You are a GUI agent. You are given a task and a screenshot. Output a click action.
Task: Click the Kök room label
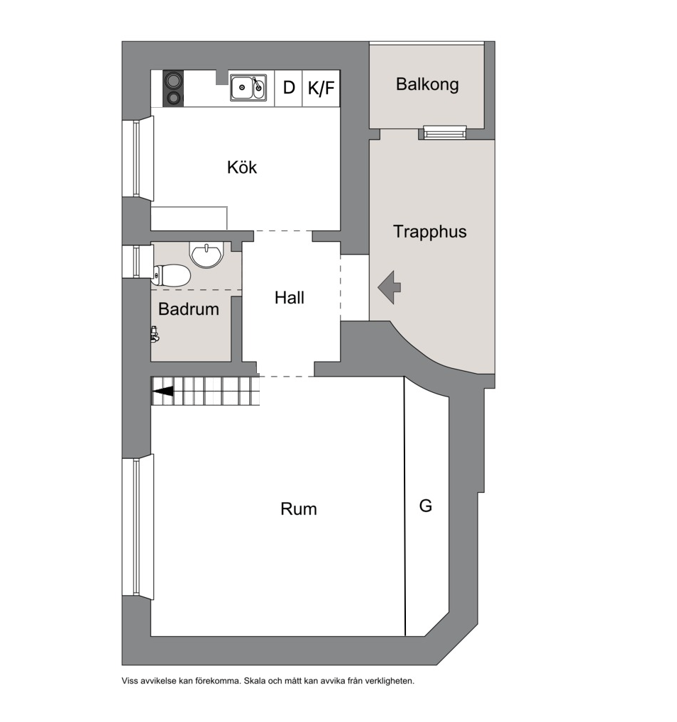pyautogui.click(x=241, y=167)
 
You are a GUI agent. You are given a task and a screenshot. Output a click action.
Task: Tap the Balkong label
pyautogui.click(x=427, y=84)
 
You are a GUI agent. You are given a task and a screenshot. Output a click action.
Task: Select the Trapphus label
pyautogui.click(x=429, y=232)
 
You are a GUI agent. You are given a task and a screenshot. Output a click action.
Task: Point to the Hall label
pyautogui.click(x=290, y=298)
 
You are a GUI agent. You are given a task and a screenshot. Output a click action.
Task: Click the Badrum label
pyautogui.click(x=189, y=309)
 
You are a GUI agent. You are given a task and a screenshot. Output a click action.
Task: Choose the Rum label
pyautogui.click(x=299, y=509)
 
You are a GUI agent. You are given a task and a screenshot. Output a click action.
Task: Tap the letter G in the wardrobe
pyautogui.click(x=425, y=506)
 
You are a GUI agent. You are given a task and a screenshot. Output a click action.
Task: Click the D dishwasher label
pyautogui.click(x=289, y=87)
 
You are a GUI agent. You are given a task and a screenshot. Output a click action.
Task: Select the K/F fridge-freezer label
pyautogui.click(x=321, y=87)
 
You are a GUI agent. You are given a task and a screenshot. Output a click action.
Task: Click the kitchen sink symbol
pyautogui.click(x=248, y=87)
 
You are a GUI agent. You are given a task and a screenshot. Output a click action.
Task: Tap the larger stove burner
pyautogui.click(x=173, y=82)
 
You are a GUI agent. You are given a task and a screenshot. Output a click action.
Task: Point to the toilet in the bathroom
pyautogui.click(x=172, y=275)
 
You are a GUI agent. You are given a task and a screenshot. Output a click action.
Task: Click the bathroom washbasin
pyautogui.click(x=207, y=255)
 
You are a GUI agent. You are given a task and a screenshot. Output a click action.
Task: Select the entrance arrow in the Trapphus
pyautogui.click(x=390, y=287)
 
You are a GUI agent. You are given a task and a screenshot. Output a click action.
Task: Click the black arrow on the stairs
pyautogui.click(x=163, y=391)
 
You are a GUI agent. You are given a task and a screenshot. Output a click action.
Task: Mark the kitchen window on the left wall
pyautogui.click(x=138, y=158)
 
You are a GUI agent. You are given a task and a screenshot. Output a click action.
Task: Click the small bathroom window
pyautogui.click(x=138, y=262)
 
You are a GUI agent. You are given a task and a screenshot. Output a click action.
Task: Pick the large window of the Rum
pyautogui.click(x=138, y=527)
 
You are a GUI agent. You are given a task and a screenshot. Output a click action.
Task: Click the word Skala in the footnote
pyautogui.click(x=254, y=681)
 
